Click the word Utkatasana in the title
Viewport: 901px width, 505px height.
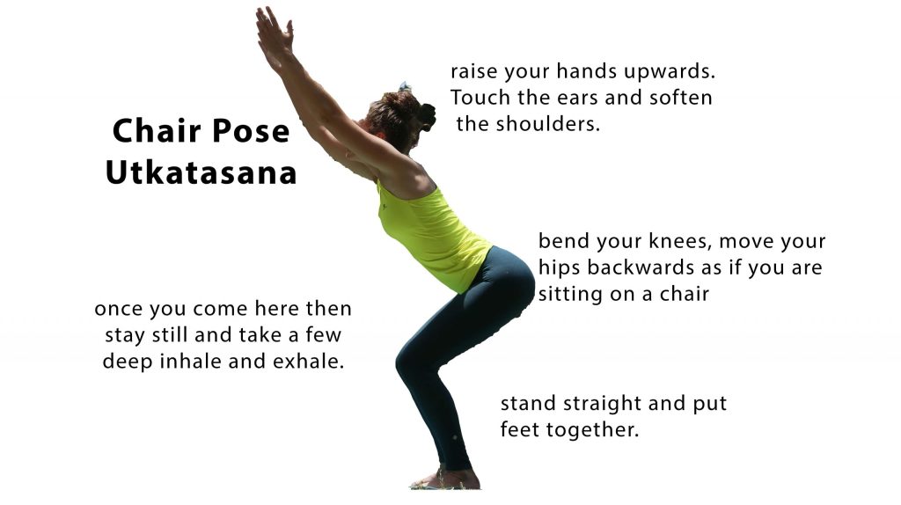point(201,172)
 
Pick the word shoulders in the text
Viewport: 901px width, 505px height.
point(547,124)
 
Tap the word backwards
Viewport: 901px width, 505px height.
point(641,267)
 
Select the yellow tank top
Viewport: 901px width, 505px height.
point(432,236)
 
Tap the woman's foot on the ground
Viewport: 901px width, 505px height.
point(445,479)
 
